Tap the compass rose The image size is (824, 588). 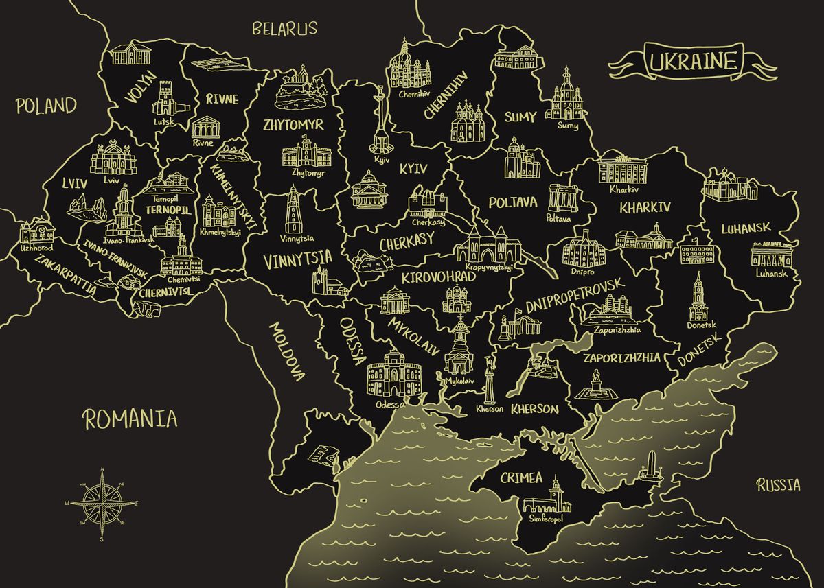[x=102, y=503]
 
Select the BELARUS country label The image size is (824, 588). [x=284, y=28]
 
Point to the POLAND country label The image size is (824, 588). [x=45, y=106]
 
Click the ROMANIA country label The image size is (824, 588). [x=130, y=418]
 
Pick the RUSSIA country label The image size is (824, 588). [x=778, y=486]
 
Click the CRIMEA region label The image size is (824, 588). [x=521, y=477]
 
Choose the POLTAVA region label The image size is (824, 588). [x=513, y=202]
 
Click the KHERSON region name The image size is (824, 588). [x=534, y=409]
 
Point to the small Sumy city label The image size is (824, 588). [x=567, y=126]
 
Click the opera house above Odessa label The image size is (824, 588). [x=393, y=375]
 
